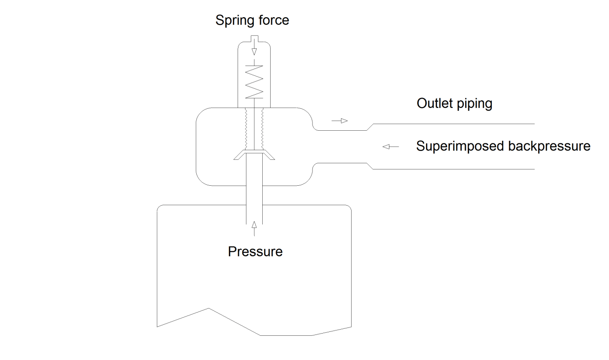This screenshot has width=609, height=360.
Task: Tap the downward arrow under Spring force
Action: [x=254, y=50]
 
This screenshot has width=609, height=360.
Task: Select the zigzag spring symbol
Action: [x=254, y=81]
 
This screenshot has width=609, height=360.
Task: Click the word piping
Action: [x=474, y=104]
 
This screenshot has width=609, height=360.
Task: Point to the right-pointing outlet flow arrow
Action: [x=340, y=121]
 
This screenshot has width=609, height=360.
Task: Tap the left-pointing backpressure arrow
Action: [x=390, y=147]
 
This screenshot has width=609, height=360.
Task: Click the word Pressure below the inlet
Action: [x=255, y=252]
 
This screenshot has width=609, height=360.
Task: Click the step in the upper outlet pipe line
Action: [x=370, y=127]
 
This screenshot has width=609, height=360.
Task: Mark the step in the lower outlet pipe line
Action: [x=370, y=165]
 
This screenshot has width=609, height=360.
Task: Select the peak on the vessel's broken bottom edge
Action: [x=209, y=308]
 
